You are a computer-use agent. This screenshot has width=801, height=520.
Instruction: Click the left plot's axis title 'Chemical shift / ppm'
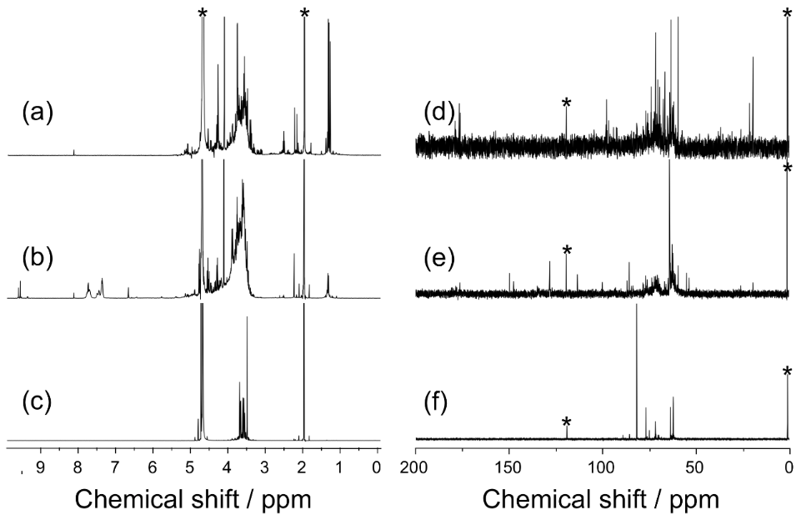point(194,498)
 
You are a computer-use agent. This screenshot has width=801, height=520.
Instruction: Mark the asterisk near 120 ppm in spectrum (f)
point(567,423)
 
